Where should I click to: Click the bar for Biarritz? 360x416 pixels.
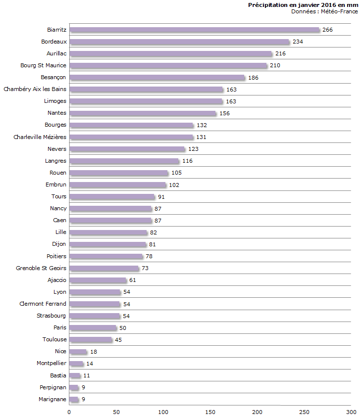coord(194,30)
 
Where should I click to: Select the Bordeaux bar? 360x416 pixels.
coord(179,42)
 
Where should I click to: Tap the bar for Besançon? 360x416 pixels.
coord(157,78)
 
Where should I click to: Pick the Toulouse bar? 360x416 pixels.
coord(91,340)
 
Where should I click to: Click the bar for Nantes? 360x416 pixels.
coord(143,113)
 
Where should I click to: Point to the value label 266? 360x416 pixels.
coord(327,30)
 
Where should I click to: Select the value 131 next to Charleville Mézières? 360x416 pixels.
coord(202,138)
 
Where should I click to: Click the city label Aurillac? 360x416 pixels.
coord(55,53)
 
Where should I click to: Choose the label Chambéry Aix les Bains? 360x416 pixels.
coord(35,89)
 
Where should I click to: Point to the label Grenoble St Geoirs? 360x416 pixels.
coord(41,268)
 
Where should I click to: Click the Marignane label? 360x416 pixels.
coord(52,399)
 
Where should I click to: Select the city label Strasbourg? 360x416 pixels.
coord(51,316)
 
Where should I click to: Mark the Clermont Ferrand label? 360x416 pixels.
coord(43,304)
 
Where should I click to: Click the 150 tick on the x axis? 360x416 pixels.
coord(210,412)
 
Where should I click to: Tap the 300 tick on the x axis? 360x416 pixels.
coord(351,412)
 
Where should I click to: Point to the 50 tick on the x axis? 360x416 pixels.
coord(116,412)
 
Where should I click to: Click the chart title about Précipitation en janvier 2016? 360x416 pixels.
coord(303,4)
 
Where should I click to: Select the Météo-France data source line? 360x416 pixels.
coord(324,11)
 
